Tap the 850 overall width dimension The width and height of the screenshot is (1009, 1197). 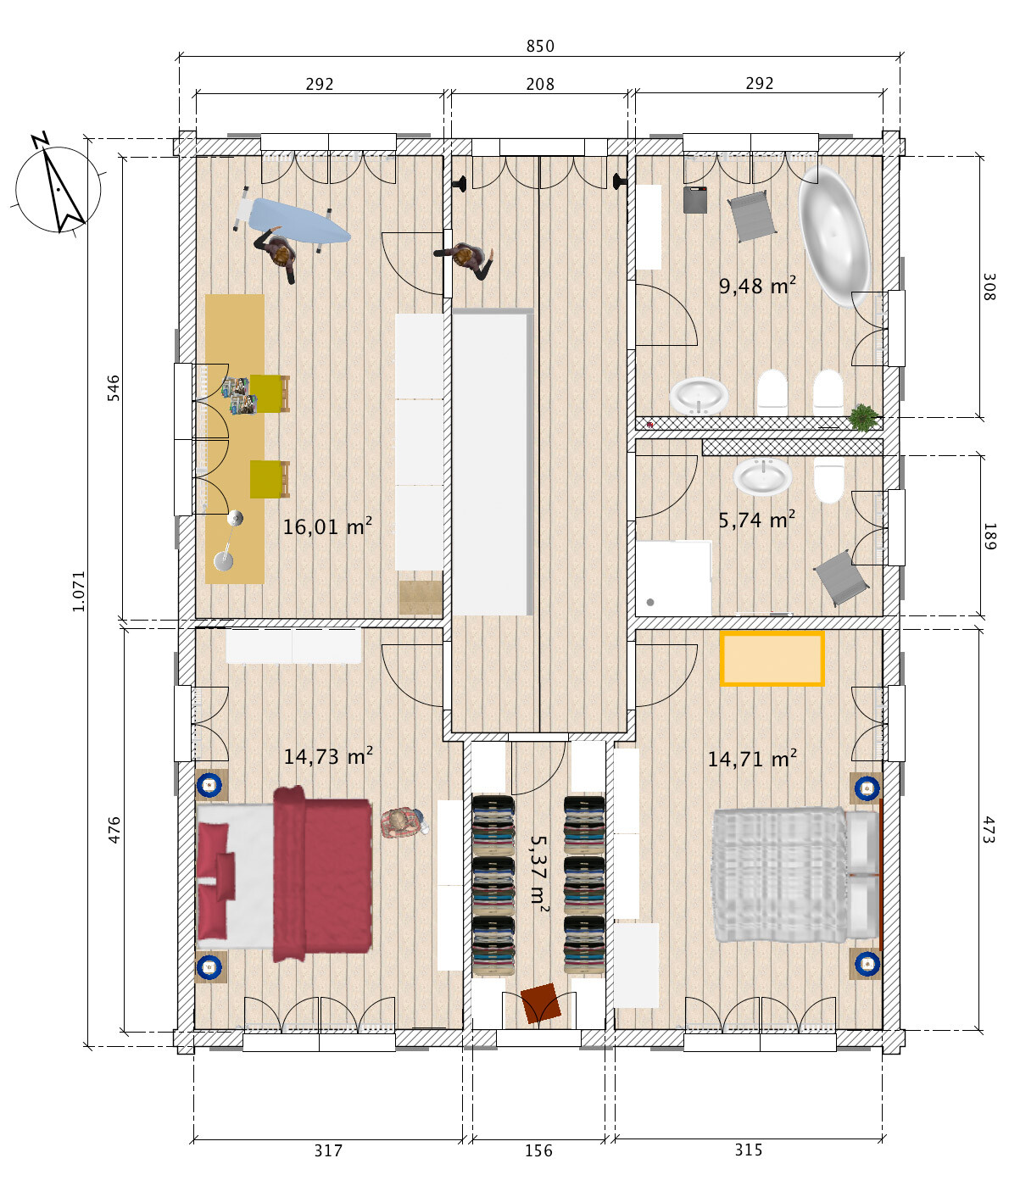[540, 46]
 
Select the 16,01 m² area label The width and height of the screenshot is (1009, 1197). [327, 526]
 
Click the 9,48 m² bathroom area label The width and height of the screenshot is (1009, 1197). [757, 285]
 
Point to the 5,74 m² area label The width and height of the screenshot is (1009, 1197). [756, 520]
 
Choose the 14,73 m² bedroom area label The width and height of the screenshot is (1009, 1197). [328, 756]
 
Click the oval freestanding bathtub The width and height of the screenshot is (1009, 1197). [834, 237]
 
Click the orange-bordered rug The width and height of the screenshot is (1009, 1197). [772, 658]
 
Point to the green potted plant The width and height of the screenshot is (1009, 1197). [863, 417]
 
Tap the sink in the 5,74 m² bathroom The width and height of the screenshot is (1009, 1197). [762, 476]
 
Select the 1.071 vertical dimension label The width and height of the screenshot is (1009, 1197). [79, 591]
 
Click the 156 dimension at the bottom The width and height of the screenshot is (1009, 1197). [539, 1150]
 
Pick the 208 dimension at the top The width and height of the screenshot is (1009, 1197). [540, 84]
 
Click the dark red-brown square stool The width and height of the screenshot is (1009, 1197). [541, 1003]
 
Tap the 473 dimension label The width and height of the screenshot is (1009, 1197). [989, 830]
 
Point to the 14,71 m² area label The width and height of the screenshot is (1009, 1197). [752, 759]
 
